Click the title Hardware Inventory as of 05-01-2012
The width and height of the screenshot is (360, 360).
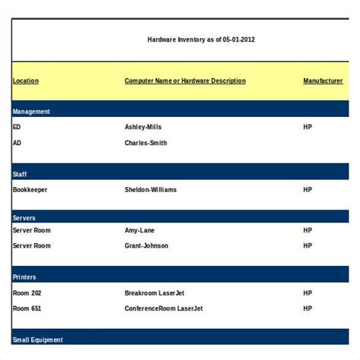pyautogui.click(x=201, y=39)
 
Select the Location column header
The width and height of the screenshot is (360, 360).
pyautogui.click(x=26, y=81)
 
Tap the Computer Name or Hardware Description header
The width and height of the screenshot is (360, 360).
pyautogui.click(x=185, y=81)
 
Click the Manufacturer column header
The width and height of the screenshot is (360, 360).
pyautogui.click(x=323, y=81)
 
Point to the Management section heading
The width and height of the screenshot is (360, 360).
pyautogui.click(x=32, y=112)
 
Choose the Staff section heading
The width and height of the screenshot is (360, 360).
pyautogui.click(x=20, y=174)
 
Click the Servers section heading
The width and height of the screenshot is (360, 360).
pyautogui.click(x=24, y=218)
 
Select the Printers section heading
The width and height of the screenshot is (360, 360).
pyautogui.click(x=24, y=277)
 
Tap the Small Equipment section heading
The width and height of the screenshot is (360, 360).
pyautogui.click(x=38, y=339)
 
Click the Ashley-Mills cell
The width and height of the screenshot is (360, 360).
pyautogui.click(x=144, y=127)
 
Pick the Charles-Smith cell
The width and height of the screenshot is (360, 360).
pyautogui.click(x=146, y=143)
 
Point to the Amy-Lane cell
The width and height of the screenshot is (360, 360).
pyautogui.click(x=141, y=230)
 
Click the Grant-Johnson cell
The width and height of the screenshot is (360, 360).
pyautogui.click(x=147, y=246)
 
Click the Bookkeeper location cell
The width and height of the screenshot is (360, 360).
pyautogui.click(x=32, y=190)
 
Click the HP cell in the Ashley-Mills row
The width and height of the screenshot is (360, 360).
pyautogui.click(x=308, y=127)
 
